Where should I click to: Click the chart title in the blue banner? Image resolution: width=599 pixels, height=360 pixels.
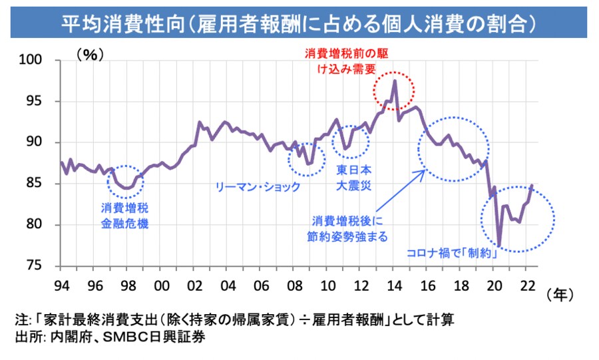[x=299, y=24]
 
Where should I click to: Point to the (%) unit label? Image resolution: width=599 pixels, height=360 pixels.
[x=90, y=55]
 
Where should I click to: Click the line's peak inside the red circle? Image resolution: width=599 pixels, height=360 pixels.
[x=395, y=81]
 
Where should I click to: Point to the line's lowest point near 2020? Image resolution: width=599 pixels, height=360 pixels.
[x=499, y=245]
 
